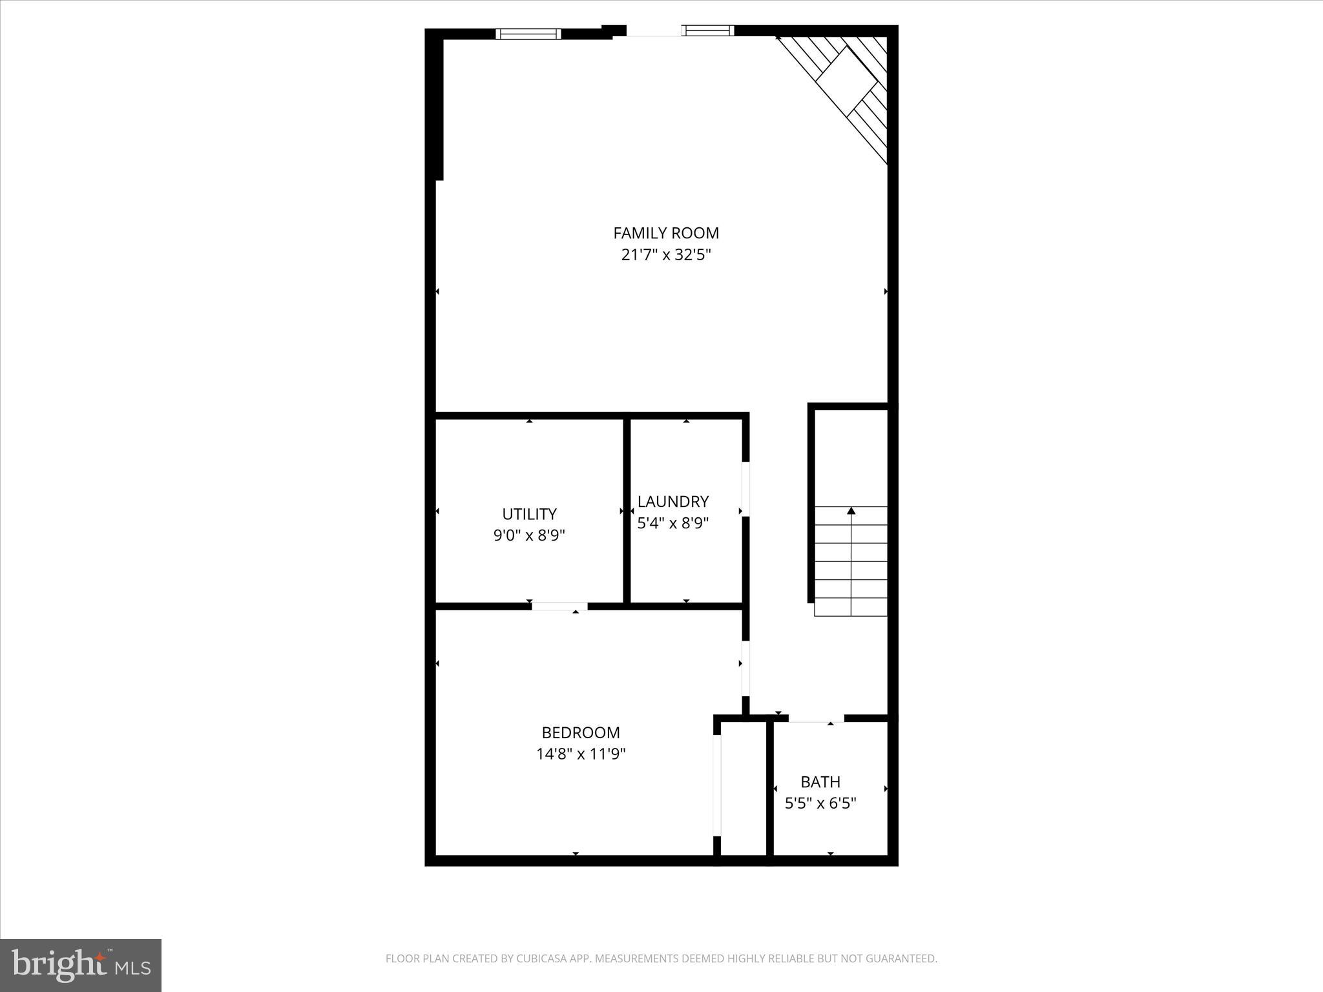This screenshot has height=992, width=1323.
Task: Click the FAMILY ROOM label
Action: tap(665, 233)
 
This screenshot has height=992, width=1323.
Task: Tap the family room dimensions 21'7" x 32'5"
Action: tap(665, 255)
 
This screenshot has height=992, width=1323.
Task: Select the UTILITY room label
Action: tap(529, 514)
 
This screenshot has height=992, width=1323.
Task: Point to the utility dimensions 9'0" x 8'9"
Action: tap(529, 535)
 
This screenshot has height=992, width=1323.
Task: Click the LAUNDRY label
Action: tap(673, 502)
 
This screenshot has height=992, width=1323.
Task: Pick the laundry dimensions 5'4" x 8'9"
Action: tap(673, 523)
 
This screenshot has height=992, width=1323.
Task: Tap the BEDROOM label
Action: tap(581, 733)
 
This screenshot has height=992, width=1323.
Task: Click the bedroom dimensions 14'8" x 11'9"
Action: tap(581, 754)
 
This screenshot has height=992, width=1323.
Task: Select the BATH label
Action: tap(820, 782)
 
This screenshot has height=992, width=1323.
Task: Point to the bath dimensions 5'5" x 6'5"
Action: tap(820, 804)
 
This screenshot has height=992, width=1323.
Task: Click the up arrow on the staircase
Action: tap(851, 512)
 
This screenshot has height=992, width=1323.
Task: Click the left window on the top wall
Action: tap(528, 34)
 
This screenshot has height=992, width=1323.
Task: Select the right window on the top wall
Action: tap(709, 30)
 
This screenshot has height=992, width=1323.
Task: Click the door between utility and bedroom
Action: tap(559, 606)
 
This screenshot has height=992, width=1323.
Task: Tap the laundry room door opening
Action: tap(745, 488)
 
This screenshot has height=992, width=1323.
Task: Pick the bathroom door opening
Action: tap(816, 718)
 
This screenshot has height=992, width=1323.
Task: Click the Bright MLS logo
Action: tap(81, 965)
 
